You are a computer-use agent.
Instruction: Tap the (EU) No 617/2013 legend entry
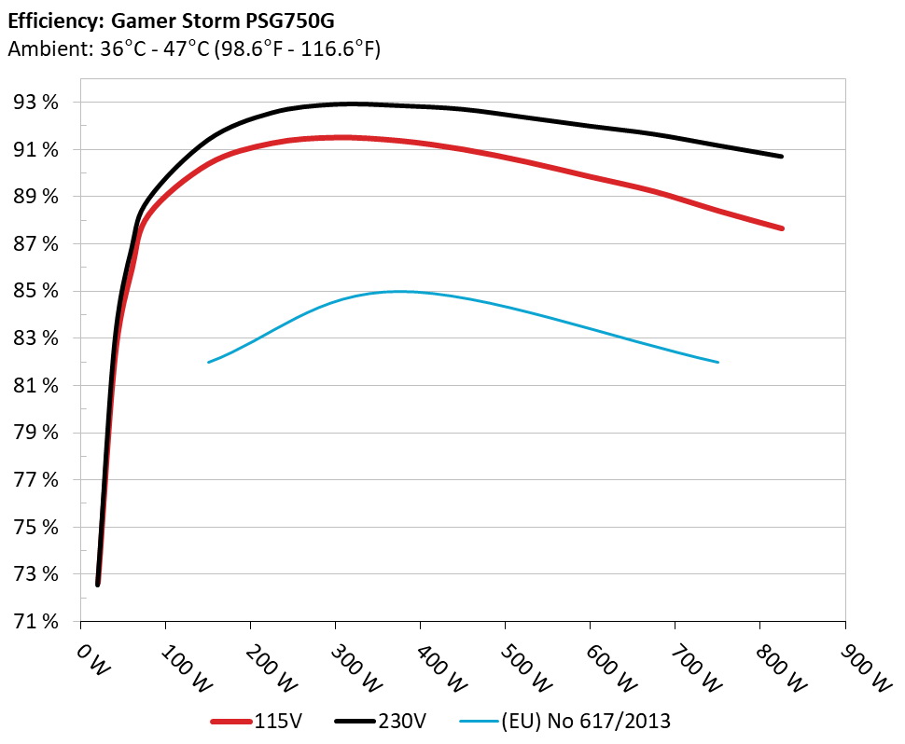(x=564, y=721)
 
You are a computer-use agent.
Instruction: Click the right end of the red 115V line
(x=781, y=227)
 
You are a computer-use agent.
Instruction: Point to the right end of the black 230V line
(x=781, y=156)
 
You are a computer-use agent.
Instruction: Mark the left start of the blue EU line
(x=208, y=362)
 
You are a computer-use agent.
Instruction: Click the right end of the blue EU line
(x=717, y=362)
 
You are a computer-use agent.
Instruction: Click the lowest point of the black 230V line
(x=98, y=585)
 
